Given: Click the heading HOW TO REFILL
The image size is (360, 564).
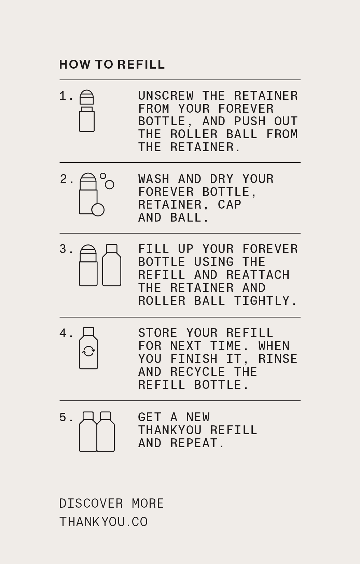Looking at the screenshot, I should pyautogui.click(x=112, y=65).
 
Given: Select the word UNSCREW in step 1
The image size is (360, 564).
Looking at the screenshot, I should pyautogui.click(x=166, y=96).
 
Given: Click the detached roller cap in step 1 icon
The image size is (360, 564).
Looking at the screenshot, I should pyautogui.click(x=87, y=97).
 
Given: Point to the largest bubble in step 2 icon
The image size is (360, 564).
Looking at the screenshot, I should pyautogui.click(x=98, y=210).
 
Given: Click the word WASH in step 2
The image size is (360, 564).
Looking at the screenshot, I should pyautogui.click(x=154, y=179).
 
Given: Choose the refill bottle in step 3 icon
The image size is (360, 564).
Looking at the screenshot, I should pyautogui.click(x=112, y=266).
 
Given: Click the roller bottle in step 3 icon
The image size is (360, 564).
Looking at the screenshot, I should pyautogui.click(x=88, y=266).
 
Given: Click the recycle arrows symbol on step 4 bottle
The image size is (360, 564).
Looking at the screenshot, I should pyautogui.click(x=88, y=351).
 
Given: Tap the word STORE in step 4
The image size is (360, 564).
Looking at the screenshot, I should pyautogui.click(x=158, y=333).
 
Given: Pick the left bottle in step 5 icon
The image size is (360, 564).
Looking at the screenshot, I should pyautogui.click(x=88, y=432).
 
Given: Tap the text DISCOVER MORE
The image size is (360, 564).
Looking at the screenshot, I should pyautogui.click(x=111, y=504).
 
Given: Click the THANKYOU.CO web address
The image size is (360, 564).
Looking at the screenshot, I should pyautogui.click(x=103, y=522).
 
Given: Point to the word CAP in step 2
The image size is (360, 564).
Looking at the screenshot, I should pyautogui.click(x=230, y=205).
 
